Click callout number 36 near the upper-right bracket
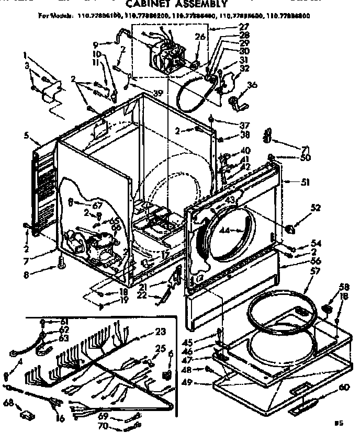252,86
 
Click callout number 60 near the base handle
343,387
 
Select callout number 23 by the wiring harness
161,331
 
